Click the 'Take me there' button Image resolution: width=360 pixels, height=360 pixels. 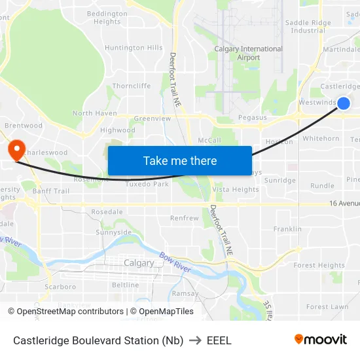pos(180,160)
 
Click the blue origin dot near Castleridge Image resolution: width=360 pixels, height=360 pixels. pos(344,103)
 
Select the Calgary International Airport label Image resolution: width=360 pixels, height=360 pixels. pos(249,53)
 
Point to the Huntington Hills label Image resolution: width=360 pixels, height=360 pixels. pos(134,48)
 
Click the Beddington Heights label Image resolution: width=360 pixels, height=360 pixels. pos(107,18)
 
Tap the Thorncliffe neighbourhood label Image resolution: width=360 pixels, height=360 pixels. pos(132,86)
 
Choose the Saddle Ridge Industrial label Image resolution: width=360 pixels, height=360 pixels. pos(308,26)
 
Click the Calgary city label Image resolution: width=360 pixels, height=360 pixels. pos(139,263)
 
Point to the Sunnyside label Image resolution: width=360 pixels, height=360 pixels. pos(113,232)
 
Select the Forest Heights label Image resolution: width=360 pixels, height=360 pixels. pos(319,266)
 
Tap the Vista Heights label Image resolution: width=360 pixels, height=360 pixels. pos(236,190)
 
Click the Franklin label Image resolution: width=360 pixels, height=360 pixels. pos(287,229)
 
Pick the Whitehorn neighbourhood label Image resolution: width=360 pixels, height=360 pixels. pos(321,139)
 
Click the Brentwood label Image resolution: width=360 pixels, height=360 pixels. pos(23,126)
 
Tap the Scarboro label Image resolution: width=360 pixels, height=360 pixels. pos(60,287)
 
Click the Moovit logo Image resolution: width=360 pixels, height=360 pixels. pos(321,339)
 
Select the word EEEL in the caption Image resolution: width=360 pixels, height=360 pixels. pos(219,340)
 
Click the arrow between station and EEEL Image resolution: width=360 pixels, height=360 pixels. pos(195,340)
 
